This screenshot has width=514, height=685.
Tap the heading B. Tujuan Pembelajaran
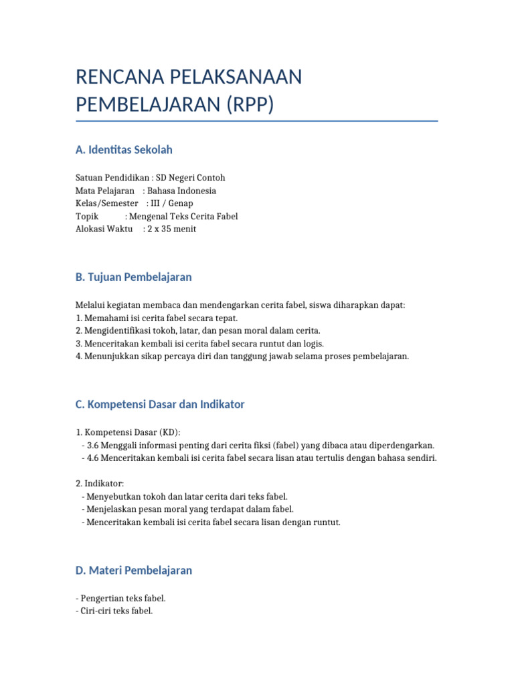point(134,277)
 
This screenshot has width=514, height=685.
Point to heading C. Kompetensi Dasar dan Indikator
point(160,404)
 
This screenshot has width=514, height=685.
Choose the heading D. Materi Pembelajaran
point(134,571)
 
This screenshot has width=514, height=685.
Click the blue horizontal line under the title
point(257,121)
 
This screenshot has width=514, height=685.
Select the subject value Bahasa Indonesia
point(181,191)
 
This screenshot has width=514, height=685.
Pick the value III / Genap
point(172,203)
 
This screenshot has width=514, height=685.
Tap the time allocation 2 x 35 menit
point(172,229)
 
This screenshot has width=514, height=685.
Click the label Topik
point(87,216)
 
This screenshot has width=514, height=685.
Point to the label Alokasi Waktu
point(104,229)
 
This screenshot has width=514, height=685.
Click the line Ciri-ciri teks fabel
point(114,610)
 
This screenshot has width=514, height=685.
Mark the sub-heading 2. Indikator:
point(100,483)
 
